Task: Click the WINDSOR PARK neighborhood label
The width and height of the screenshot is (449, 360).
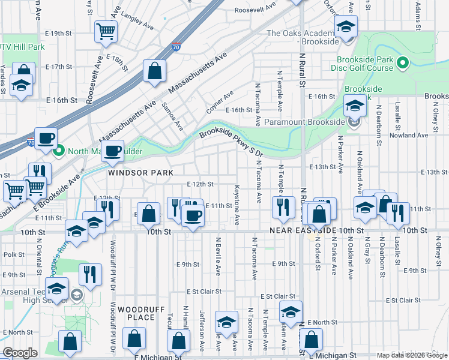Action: (140, 172)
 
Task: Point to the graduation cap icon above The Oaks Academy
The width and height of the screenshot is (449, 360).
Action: (346, 26)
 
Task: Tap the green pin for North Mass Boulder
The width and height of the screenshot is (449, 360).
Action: (58, 151)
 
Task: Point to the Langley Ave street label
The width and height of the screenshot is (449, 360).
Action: (137, 20)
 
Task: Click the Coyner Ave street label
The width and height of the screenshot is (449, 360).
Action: (220, 103)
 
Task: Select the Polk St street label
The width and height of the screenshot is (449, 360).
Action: (13, 254)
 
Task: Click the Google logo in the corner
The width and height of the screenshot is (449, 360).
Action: (20, 353)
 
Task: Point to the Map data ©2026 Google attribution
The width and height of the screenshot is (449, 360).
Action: (412, 355)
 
